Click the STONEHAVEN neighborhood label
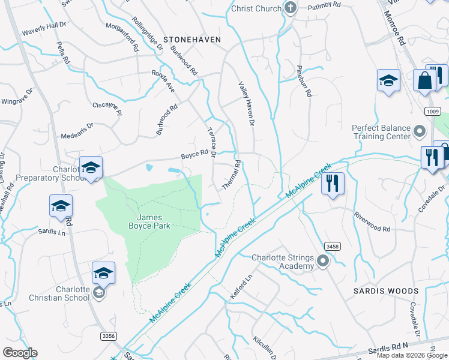tap(191, 39)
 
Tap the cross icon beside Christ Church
tap(291, 8)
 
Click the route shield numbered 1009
tap(432, 111)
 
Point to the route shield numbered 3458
tap(333, 246)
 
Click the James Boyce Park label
tap(153, 221)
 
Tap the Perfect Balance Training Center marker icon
tap(420, 130)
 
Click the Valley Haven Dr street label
tap(247, 104)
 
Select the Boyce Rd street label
tap(194, 157)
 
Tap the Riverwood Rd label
tap(372, 221)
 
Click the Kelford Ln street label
tap(243, 287)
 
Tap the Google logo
tap(20, 353)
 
